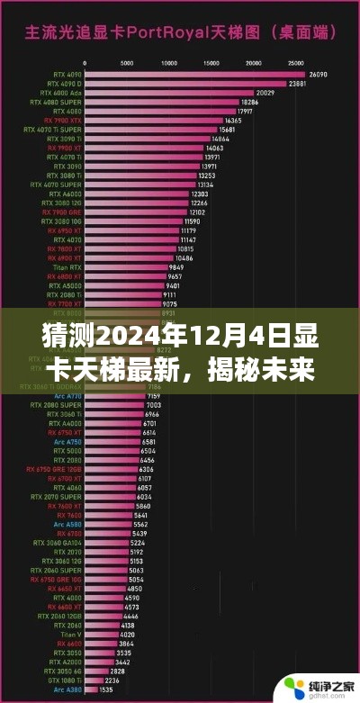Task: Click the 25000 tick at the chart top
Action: point(296,64)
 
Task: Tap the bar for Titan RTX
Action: point(126,268)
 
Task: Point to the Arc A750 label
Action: point(67,442)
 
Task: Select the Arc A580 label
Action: point(67,524)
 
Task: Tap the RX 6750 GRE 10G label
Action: point(55,581)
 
